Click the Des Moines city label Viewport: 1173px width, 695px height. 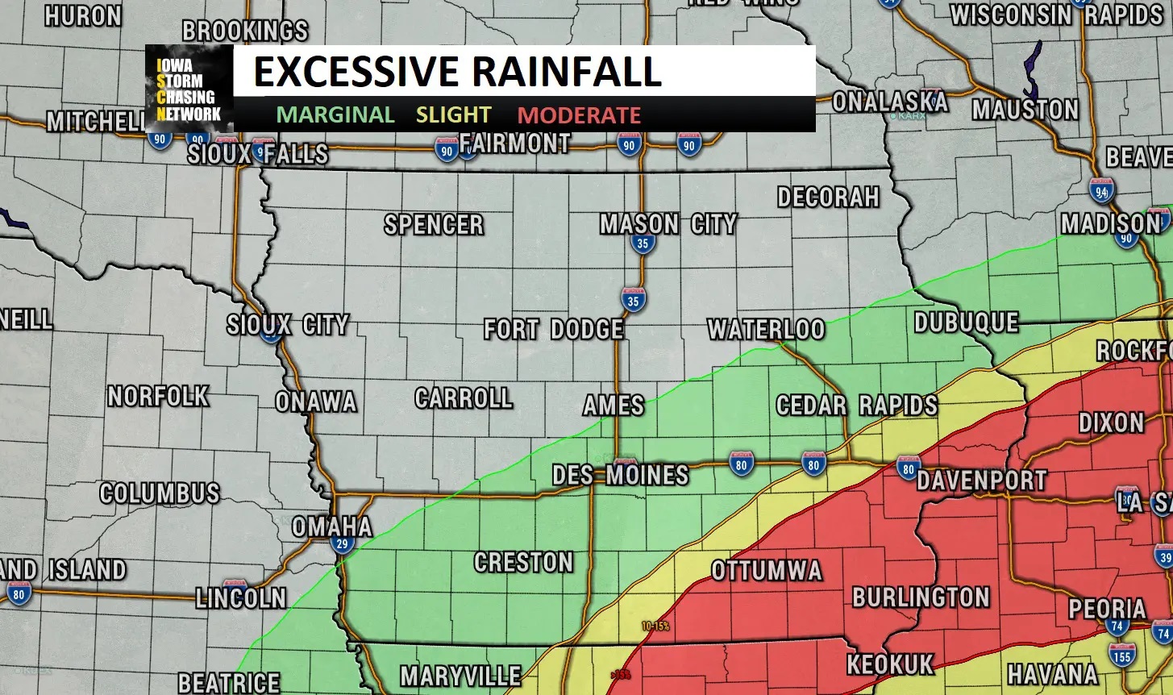(x=620, y=475)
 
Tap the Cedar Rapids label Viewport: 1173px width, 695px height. (x=856, y=405)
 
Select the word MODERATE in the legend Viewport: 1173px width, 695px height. (x=579, y=115)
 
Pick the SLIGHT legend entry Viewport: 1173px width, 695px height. (x=453, y=115)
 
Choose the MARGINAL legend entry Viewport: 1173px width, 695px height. (x=335, y=115)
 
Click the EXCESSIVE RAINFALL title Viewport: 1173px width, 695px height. (x=457, y=73)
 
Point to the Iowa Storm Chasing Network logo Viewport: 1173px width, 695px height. (x=189, y=89)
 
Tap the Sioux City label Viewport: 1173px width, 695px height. (x=287, y=325)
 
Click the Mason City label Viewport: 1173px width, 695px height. (x=668, y=223)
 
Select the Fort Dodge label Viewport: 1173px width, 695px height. (x=553, y=329)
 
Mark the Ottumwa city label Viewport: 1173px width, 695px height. (x=766, y=571)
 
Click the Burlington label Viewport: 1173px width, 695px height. (x=921, y=597)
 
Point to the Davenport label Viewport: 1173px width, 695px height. (x=981, y=481)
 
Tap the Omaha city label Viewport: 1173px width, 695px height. (x=331, y=526)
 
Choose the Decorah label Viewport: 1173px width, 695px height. (x=828, y=197)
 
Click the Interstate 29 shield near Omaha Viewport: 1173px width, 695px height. (x=343, y=544)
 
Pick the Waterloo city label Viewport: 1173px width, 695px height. (x=766, y=329)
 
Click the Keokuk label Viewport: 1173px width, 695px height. (x=889, y=664)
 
